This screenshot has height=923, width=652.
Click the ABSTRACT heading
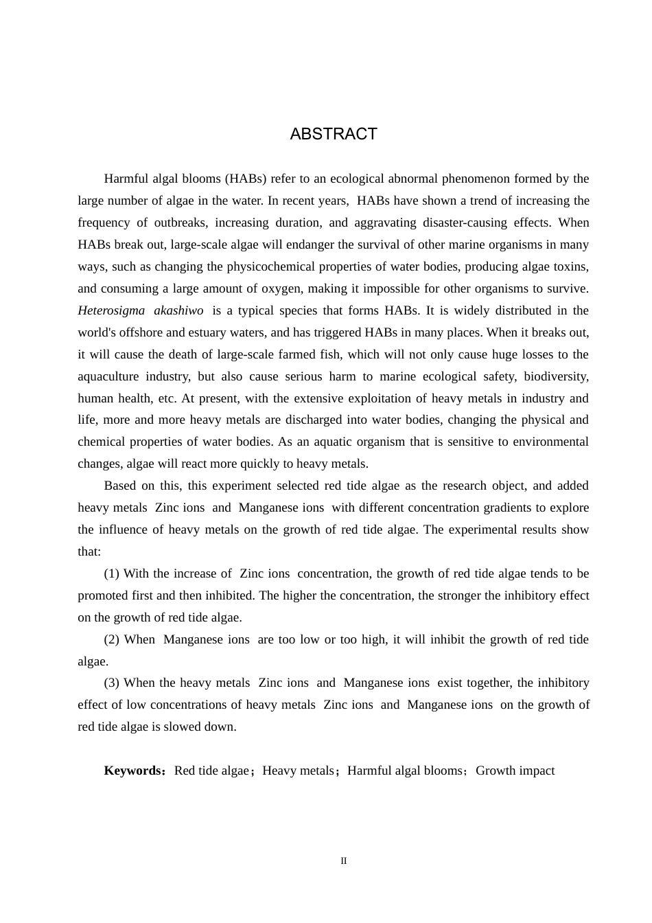[334, 134]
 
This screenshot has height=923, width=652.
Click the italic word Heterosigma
[111, 310]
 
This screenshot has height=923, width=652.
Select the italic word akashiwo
[178, 310]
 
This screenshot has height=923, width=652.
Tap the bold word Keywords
[132, 771]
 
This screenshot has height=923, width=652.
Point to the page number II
[344, 861]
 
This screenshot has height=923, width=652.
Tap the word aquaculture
[108, 376]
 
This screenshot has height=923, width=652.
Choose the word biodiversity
[556, 376]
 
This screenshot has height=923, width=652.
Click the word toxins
[570, 266]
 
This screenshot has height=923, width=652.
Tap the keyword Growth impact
[515, 771]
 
